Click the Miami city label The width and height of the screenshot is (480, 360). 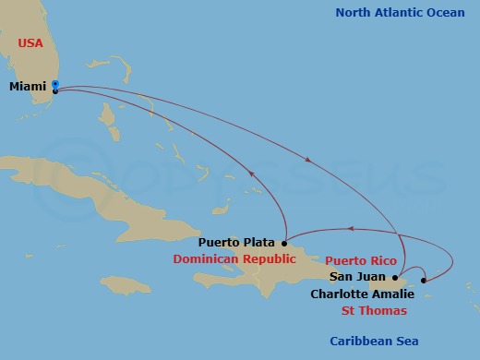(29, 86)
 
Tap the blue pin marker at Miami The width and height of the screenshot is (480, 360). (55, 87)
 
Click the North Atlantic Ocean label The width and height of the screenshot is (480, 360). (400, 12)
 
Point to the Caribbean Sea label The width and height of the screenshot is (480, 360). (373, 342)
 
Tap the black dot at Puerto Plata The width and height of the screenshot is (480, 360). (284, 244)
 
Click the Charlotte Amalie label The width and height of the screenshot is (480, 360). (362, 294)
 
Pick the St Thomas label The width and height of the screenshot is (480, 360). (376, 310)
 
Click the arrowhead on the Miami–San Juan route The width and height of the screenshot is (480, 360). (307, 159)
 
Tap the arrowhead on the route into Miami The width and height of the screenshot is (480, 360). (250, 169)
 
